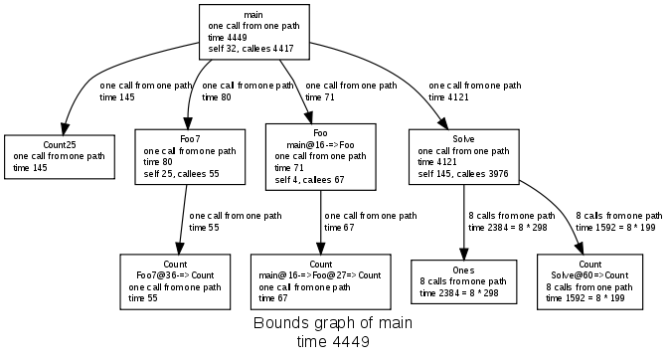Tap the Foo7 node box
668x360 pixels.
[x=190, y=157]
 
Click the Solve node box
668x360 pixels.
[x=463, y=157]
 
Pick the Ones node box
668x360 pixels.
[x=463, y=281]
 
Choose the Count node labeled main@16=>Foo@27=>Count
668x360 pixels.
[x=319, y=281]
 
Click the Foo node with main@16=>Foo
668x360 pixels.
[x=320, y=156]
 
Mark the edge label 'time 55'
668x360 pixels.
[x=204, y=227]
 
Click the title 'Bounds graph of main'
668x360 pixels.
[x=333, y=325]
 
